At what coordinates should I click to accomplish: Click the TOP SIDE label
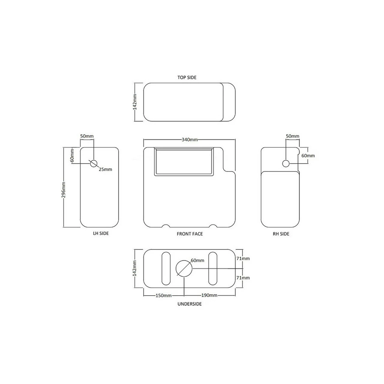click(187, 77)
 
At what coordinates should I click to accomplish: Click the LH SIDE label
click(101, 233)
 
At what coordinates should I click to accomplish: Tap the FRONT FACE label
click(190, 234)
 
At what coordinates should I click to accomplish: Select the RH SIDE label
click(281, 234)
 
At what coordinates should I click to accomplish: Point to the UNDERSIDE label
click(189, 304)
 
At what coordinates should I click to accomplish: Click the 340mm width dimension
click(189, 140)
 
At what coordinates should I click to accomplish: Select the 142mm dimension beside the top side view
click(135, 102)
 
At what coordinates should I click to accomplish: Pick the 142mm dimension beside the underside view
click(135, 268)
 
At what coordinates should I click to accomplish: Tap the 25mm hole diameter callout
click(105, 169)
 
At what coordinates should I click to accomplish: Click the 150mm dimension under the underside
click(163, 295)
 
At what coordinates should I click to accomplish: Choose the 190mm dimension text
click(209, 295)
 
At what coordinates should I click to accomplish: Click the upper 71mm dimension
click(243, 259)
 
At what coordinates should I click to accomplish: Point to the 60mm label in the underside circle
click(197, 260)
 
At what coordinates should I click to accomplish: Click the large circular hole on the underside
click(184, 268)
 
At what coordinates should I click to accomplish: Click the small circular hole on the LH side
click(94, 163)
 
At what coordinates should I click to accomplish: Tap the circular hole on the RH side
click(286, 163)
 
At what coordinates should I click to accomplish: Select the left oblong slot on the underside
click(166, 268)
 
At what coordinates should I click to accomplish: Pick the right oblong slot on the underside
click(212, 268)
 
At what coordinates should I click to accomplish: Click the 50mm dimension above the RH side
click(292, 136)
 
